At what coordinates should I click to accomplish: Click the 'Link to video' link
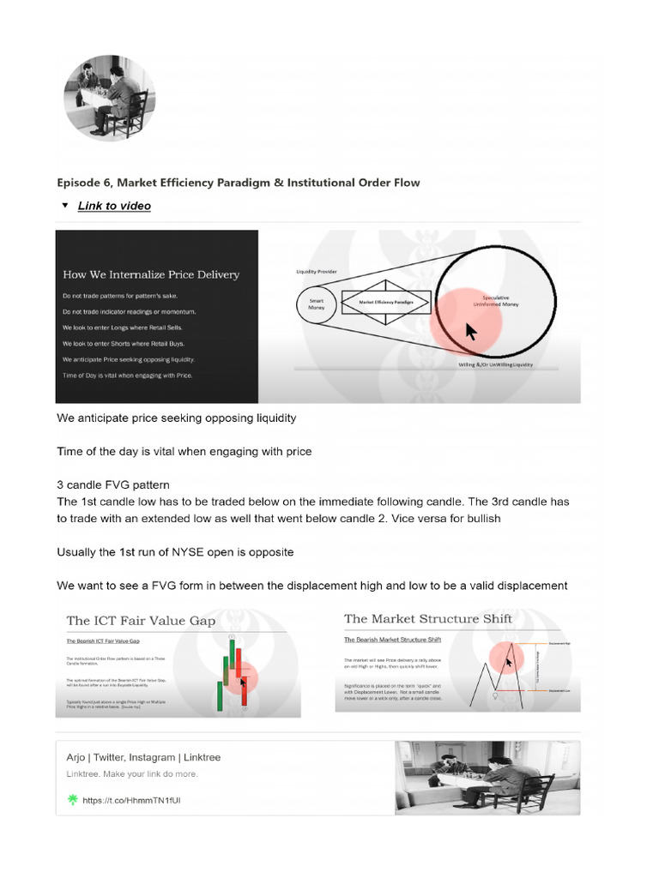pyautogui.click(x=114, y=206)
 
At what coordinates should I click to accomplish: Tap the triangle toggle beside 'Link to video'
pyautogui.click(x=65, y=206)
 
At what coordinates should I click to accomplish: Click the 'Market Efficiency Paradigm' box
pyautogui.click(x=379, y=303)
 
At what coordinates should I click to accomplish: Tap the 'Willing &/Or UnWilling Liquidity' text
pyautogui.click(x=495, y=364)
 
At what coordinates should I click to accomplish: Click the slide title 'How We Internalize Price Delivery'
pyautogui.click(x=151, y=275)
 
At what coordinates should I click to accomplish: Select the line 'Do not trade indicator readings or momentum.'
pyautogui.click(x=129, y=311)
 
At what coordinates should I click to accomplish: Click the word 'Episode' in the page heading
pyautogui.click(x=82, y=183)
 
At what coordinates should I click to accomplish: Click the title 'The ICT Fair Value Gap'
pyautogui.click(x=141, y=621)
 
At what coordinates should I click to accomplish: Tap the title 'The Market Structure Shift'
pyautogui.click(x=427, y=619)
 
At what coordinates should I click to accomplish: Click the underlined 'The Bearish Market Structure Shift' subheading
pyautogui.click(x=386, y=640)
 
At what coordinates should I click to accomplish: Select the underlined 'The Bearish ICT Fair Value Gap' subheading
pyautogui.click(x=103, y=641)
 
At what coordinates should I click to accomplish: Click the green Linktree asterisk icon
pyautogui.click(x=72, y=800)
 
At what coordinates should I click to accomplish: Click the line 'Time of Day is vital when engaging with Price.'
pyautogui.click(x=128, y=376)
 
